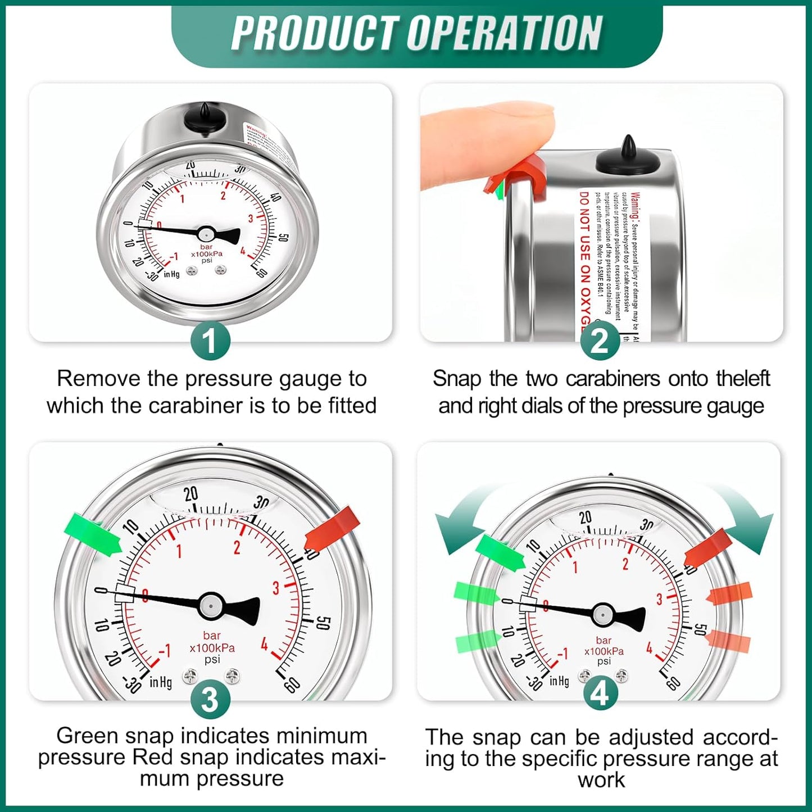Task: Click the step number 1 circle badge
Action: click(x=210, y=341)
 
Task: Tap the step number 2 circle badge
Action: click(x=600, y=341)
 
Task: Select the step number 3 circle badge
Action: click(x=210, y=700)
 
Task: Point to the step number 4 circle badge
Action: click(x=600, y=694)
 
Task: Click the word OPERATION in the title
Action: click(x=504, y=34)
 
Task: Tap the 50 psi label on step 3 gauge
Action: click(x=323, y=623)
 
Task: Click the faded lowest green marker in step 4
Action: click(x=478, y=641)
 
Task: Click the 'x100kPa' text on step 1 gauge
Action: click(x=207, y=254)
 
